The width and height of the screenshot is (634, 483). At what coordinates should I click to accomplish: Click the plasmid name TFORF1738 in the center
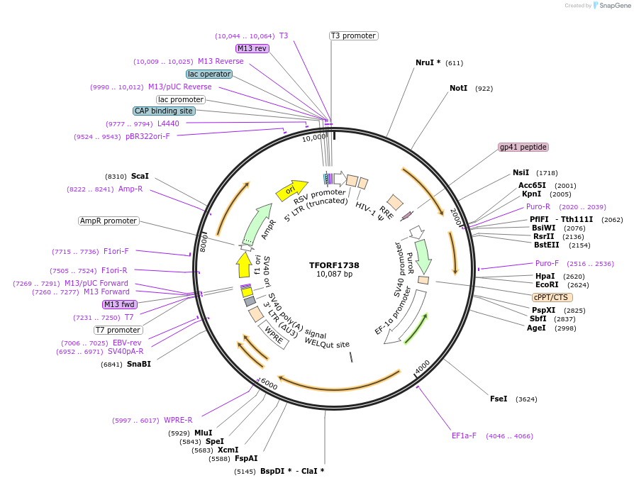pos(334,265)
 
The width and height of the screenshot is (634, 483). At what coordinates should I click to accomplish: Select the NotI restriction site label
pos(459,89)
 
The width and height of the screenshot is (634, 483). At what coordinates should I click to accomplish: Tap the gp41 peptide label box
pos(523,147)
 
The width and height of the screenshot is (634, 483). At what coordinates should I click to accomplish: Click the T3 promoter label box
pos(353,35)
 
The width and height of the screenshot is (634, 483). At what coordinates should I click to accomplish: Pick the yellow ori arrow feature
pos(287,189)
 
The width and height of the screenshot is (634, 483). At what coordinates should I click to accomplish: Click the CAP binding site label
pos(164,111)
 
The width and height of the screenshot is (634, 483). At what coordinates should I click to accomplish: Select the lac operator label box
pos(209,74)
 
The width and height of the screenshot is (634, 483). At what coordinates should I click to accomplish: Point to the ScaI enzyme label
pos(140,176)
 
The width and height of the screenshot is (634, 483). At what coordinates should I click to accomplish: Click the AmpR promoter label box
pos(109,221)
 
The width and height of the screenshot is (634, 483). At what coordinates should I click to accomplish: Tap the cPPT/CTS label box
pos(552,297)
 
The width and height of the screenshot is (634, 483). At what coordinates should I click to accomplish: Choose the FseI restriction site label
pos(499,399)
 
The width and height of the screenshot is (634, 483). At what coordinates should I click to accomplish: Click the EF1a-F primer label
pos(464,435)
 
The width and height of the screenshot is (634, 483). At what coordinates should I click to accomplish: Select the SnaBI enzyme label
pos(138,364)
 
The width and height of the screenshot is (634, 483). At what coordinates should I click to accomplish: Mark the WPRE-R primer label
pos(178,420)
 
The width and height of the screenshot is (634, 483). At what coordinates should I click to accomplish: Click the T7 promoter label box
pos(118,330)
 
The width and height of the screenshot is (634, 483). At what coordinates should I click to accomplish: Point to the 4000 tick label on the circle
pos(422,367)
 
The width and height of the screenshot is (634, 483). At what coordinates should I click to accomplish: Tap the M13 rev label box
pos(252,48)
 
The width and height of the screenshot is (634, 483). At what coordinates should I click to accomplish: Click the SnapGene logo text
pos(613,6)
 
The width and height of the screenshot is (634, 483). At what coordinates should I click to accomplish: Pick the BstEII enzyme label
pos(547,245)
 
